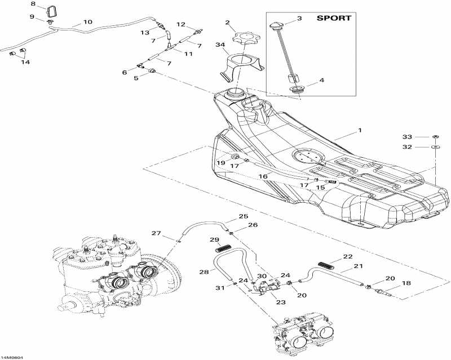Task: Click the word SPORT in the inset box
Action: [333, 18]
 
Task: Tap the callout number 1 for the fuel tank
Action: [360, 131]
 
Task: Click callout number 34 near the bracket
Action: [220, 45]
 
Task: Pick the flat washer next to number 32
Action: [436, 147]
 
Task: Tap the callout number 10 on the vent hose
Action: [87, 22]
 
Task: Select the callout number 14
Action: [25, 62]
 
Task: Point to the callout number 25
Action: [243, 216]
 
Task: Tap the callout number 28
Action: [203, 272]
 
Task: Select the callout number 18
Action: [405, 284]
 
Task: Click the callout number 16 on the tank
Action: [263, 176]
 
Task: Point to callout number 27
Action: [156, 233]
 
